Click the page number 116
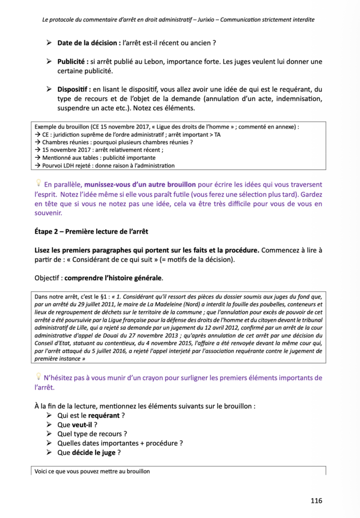[x=317, y=501]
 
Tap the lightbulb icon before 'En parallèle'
[x=37, y=183]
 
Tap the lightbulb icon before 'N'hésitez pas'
[x=37, y=376]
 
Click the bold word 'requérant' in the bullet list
[x=104, y=415]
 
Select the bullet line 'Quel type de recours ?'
[x=92, y=434]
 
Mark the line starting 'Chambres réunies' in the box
[x=114, y=142]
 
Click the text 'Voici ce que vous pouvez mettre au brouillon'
[x=92, y=471]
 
